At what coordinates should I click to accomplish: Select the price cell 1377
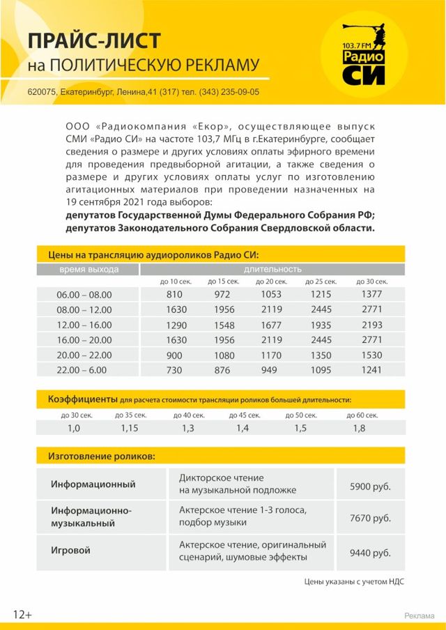(372, 294)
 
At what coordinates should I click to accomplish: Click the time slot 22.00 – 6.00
(84, 370)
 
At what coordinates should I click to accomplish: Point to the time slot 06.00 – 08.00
(84, 295)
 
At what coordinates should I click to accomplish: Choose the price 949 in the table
(270, 370)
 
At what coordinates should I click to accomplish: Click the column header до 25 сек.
(321, 282)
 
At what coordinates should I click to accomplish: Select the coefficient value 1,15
(130, 428)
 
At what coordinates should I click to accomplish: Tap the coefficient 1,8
(359, 428)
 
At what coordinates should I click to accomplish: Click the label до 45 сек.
(245, 415)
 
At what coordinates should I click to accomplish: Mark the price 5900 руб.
(370, 485)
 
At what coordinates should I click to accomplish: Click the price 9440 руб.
(370, 553)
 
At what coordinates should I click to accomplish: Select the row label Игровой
(70, 551)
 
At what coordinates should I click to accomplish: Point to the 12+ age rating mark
(22, 614)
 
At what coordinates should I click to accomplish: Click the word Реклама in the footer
(420, 615)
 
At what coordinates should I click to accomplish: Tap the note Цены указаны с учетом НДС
(354, 581)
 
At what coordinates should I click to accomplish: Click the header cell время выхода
(89, 269)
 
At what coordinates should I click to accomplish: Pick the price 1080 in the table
(222, 355)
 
